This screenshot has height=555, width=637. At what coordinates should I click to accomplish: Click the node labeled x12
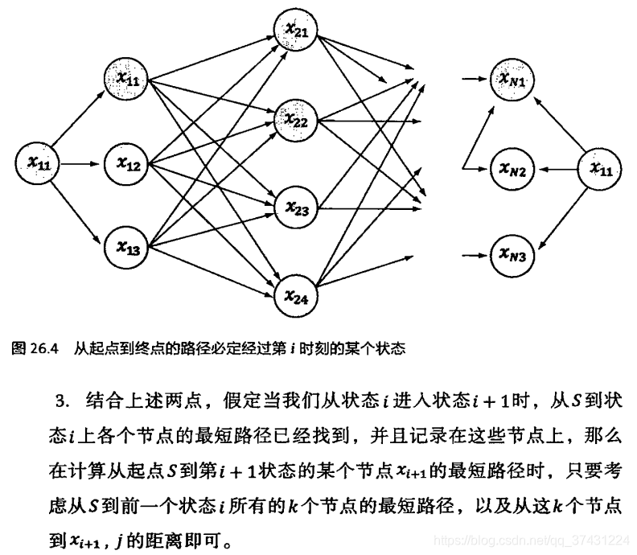[127, 166]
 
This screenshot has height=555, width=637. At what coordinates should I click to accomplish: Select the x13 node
[127, 249]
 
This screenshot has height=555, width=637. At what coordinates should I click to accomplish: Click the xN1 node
[512, 80]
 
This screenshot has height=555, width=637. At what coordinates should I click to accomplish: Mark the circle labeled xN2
[512, 171]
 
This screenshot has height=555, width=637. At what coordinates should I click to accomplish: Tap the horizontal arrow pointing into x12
[81, 165]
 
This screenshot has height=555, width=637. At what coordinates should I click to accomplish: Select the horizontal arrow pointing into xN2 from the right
[556, 170]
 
